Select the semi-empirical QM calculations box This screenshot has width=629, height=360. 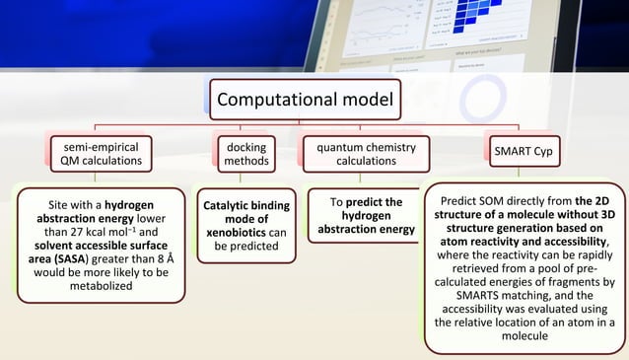point(94,155)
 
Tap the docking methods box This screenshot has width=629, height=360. point(241,155)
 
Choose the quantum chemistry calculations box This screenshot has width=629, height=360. point(352,155)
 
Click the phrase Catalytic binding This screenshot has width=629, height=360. point(245,205)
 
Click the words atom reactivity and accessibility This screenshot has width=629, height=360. point(522,239)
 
